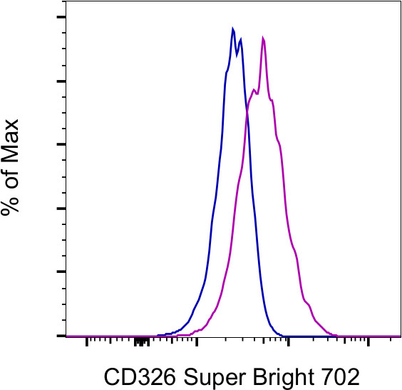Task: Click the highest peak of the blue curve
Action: tap(233, 29)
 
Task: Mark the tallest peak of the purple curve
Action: tap(264, 38)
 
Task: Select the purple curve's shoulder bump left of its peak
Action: tap(254, 89)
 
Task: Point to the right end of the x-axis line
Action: tap(400, 336)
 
